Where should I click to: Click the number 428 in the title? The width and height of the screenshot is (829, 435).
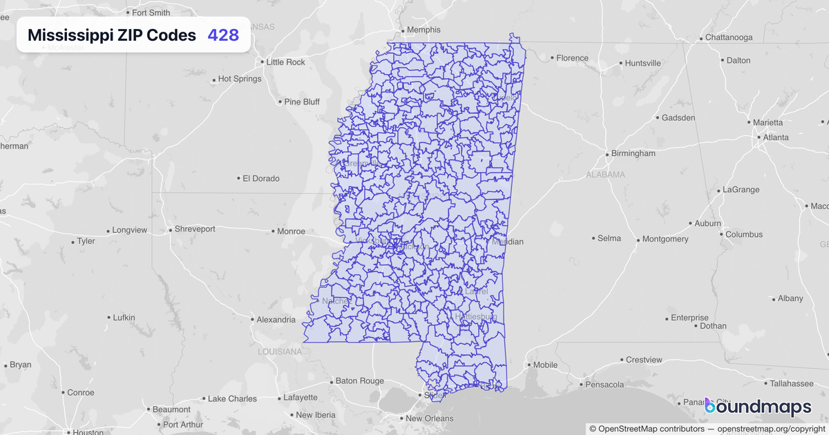[x=223, y=35]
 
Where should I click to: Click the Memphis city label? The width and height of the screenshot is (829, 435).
[x=423, y=30]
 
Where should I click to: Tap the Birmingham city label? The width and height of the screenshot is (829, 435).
[x=633, y=153]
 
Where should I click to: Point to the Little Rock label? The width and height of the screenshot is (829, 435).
[x=285, y=62]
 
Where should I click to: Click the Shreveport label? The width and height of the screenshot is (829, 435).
[x=195, y=229]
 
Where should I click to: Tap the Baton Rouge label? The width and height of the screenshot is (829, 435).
[x=359, y=380]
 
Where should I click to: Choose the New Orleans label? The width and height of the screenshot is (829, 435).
[x=429, y=418]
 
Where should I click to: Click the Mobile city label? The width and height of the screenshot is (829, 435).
[x=545, y=365]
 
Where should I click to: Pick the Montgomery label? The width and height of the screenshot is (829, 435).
[x=665, y=239]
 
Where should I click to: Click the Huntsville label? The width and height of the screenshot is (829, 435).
[x=642, y=64]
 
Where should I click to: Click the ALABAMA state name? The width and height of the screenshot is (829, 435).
[x=605, y=175]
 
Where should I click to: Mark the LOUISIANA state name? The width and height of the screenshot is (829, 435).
[x=280, y=351]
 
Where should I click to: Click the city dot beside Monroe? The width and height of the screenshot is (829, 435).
[x=273, y=231]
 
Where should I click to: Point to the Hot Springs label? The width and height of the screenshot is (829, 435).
[x=239, y=79]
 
